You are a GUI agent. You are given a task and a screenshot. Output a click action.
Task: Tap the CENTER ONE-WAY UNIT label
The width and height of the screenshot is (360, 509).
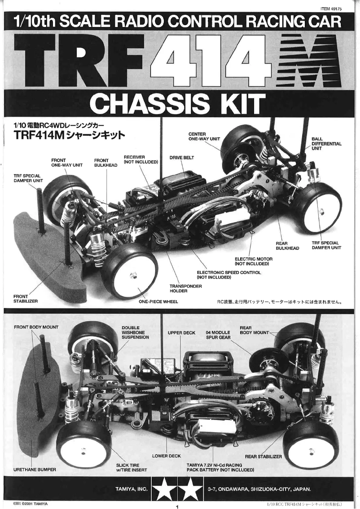click(204, 137)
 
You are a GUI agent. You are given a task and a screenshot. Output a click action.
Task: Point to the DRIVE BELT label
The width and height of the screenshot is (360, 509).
click(182, 158)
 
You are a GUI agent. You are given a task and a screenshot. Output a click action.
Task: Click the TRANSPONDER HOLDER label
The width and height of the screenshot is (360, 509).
click(185, 288)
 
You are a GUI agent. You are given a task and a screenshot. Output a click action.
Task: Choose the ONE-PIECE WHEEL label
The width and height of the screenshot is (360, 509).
click(158, 301)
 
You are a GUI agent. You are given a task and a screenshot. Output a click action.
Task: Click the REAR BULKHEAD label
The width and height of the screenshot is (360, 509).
click(287, 246)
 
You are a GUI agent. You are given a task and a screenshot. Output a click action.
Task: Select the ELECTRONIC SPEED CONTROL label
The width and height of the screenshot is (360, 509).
click(229, 274)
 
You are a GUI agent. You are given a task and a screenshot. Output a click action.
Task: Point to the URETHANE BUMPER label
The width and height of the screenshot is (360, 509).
click(35, 469)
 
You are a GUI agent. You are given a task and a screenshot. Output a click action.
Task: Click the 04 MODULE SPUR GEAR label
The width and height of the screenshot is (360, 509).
click(218, 335)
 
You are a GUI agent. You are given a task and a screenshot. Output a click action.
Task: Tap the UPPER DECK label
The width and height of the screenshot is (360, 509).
click(181, 333)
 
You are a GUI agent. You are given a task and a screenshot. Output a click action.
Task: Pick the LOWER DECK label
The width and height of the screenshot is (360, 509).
click(166, 456)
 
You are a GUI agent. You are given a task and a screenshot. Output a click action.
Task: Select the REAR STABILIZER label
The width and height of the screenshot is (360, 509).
click(263, 456)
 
